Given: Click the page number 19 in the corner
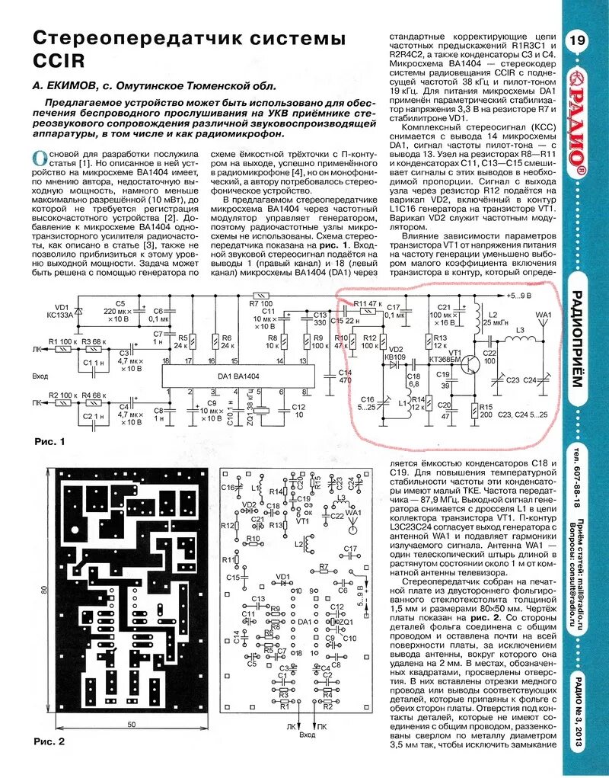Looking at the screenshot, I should pyautogui.click(x=576, y=40).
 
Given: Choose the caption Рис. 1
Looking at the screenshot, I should pyautogui.click(x=50, y=442).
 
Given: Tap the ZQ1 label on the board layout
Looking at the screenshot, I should pyautogui.click(x=346, y=622).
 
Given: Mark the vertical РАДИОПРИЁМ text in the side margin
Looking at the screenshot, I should pyautogui.click(x=576, y=339).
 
